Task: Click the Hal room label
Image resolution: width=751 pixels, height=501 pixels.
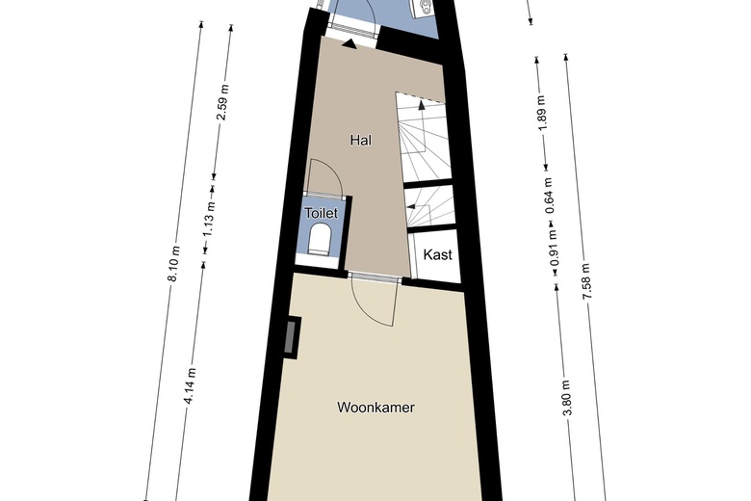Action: click(x=360, y=140)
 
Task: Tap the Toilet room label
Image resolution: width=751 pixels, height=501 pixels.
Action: click(x=320, y=213)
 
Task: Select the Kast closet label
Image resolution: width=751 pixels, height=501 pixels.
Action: click(x=438, y=256)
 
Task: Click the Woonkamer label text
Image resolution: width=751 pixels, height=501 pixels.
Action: click(x=375, y=408)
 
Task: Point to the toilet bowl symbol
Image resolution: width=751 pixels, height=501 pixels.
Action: click(x=321, y=238)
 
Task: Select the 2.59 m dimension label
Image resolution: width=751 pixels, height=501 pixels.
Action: click(x=221, y=102)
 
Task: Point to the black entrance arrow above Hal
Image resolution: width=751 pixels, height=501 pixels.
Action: click(x=349, y=41)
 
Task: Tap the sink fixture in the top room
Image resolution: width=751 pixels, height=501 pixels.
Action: click(x=421, y=9)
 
